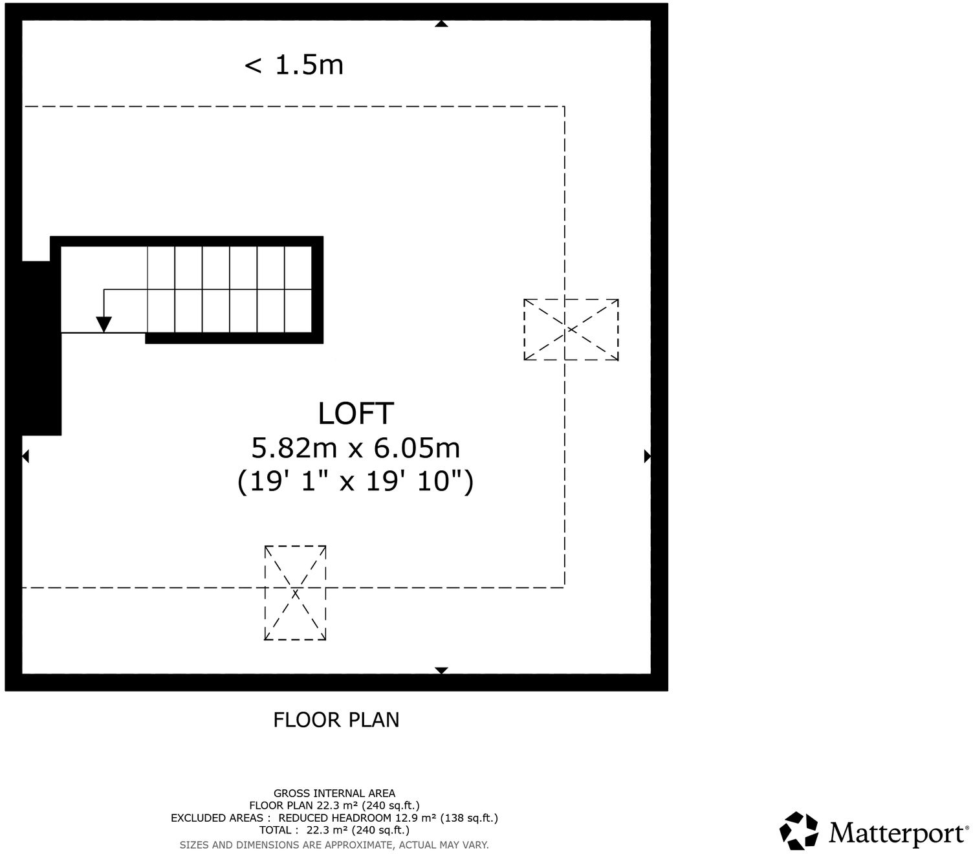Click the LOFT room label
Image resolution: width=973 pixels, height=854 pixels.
tap(356, 413)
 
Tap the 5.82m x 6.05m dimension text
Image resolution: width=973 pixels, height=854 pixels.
tap(356, 448)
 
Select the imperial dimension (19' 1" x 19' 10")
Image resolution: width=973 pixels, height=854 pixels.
tap(356, 481)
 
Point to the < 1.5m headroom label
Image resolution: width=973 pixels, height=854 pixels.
tap(294, 65)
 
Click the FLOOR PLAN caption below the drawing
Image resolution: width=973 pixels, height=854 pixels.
tap(336, 719)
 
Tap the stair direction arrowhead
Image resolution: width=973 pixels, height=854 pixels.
tap(104, 324)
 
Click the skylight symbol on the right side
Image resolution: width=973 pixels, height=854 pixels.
tap(571, 329)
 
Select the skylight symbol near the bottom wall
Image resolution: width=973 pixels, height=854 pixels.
tap(295, 593)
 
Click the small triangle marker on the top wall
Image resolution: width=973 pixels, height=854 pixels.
tap(441, 24)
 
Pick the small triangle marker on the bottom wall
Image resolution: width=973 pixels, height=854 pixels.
tap(441, 670)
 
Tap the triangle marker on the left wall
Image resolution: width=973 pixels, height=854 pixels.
tap(26, 457)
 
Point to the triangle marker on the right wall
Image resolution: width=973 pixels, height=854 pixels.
tap(647, 457)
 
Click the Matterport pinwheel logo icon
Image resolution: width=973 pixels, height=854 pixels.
tap(799, 831)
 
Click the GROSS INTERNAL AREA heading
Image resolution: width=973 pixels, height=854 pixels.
tap(334, 793)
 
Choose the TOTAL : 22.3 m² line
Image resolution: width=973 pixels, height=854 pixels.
tap(334, 830)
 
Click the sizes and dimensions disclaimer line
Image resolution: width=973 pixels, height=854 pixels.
tap(334, 845)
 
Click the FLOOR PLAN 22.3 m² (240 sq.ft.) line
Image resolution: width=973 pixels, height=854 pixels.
tap(334, 805)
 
